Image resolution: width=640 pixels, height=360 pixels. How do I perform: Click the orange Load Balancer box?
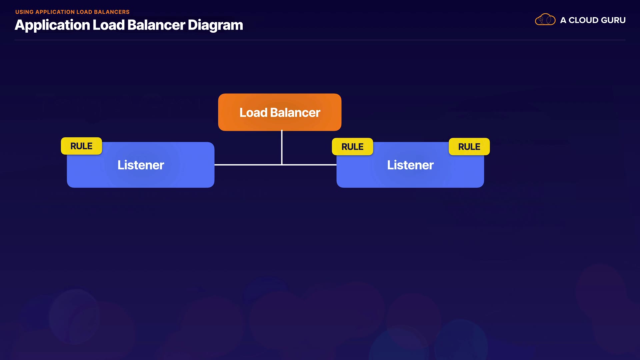coord(280,112)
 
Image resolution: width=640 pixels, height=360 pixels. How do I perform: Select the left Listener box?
coord(140,165)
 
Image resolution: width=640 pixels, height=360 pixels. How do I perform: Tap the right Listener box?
coord(410,165)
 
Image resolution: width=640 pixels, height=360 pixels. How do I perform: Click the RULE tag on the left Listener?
coord(81,146)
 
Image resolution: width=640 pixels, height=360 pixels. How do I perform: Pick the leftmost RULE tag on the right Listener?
coord(352,147)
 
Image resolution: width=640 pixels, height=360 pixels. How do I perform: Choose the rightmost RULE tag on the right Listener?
coord(469,147)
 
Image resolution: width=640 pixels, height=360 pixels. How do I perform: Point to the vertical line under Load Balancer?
coord(282,147)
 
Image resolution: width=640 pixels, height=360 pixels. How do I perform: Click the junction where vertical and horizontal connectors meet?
coord(282,165)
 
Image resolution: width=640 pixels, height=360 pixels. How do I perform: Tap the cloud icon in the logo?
coord(545,20)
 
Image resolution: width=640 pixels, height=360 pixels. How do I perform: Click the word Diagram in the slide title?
coord(215,25)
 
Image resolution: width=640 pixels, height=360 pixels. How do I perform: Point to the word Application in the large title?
coord(52,25)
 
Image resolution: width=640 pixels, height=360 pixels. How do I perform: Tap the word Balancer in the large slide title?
coord(156,25)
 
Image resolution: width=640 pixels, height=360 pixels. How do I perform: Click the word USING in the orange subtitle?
coord(24,12)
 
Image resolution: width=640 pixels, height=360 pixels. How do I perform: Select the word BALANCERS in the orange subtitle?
coord(112,12)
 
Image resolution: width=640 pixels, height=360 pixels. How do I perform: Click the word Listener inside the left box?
coord(141,165)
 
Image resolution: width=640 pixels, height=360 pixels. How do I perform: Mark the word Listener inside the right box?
coord(410,165)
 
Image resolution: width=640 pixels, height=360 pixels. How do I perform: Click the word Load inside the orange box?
coord(253,113)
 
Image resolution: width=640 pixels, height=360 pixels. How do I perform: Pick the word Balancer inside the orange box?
coord(295,113)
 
